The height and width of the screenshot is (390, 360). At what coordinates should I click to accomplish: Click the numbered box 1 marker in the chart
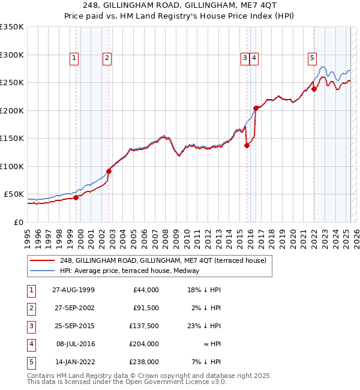coord(74,58)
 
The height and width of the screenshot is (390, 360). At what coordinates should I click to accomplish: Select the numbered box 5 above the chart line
coord(313,58)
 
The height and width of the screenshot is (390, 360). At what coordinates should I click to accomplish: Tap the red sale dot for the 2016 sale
coord(256,108)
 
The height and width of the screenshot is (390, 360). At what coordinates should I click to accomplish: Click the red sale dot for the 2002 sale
coord(109,171)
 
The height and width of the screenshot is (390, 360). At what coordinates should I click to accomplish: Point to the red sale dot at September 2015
coord(247,145)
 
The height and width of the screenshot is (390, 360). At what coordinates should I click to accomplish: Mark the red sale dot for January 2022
coord(314,89)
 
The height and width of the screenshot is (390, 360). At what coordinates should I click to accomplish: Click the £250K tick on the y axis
coord(12,83)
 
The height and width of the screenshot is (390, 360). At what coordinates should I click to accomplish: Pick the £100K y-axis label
coord(12,166)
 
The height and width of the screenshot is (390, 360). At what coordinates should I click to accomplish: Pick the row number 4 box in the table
coord(31,344)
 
